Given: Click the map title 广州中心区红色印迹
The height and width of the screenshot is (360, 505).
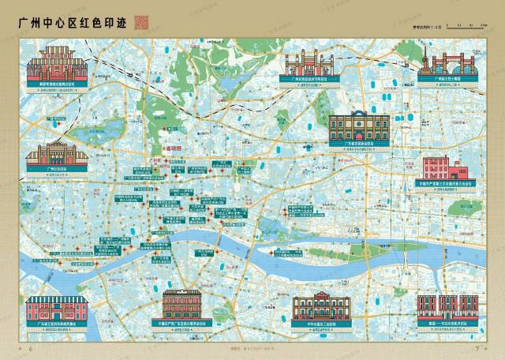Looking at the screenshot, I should [x=70, y=21].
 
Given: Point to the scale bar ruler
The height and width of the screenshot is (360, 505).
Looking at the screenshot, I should [x=466, y=26].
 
